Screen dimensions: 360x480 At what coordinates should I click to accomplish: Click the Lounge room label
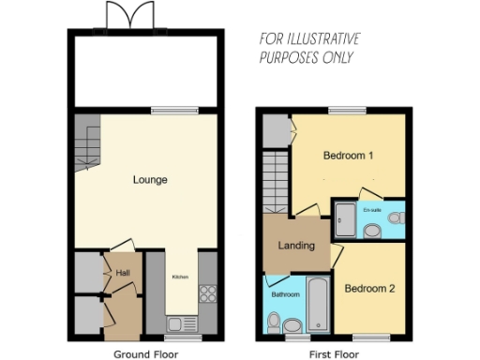150,179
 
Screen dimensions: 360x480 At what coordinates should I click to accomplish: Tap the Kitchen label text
179,277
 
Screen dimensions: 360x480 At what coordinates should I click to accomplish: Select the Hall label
122,273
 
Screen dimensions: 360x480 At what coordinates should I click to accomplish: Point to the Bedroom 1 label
349,154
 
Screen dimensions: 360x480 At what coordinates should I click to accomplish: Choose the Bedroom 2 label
368,289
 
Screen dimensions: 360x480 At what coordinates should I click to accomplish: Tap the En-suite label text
371,210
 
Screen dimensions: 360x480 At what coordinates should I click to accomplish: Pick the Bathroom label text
285,295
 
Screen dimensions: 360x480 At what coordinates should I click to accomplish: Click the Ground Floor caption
145,354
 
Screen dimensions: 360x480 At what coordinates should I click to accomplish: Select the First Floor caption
335,354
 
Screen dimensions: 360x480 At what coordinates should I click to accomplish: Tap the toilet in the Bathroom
276,323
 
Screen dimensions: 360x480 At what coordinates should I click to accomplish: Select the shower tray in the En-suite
344,219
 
